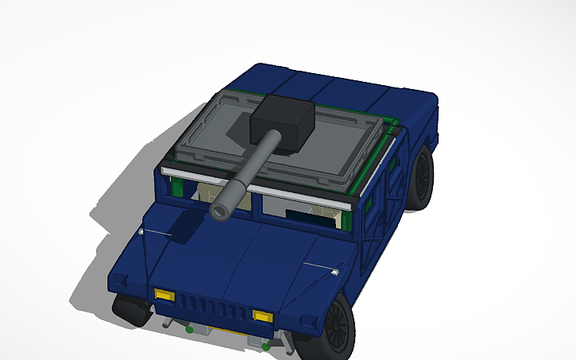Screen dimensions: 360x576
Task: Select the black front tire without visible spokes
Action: point(126,308)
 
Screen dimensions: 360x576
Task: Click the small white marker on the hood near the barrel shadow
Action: point(141,231)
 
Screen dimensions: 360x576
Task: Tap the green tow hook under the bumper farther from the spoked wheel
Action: point(189,328)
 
